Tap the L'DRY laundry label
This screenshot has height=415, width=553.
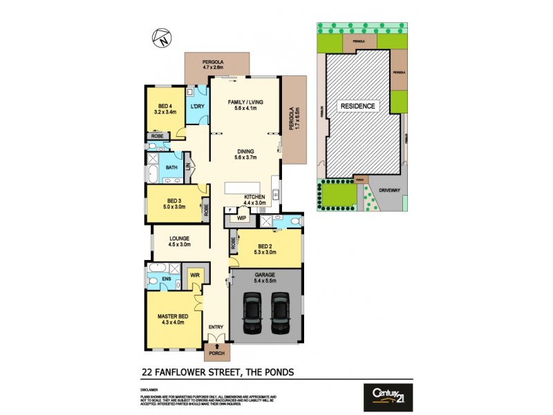(197, 107)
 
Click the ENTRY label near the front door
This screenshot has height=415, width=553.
(217, 327)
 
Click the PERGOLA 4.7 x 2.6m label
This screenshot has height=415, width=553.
(215, 66)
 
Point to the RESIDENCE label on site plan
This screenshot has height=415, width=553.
(357, 107)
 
